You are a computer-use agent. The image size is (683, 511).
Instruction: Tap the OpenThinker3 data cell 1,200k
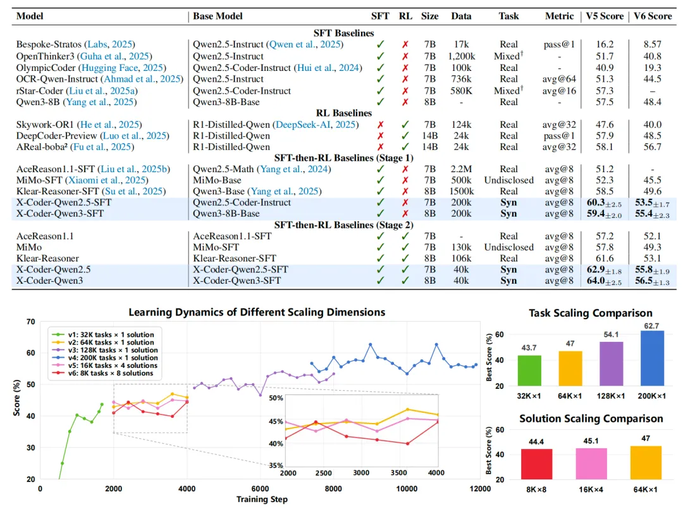point(461,56)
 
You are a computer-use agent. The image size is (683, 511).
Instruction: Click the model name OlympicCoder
point(47,67)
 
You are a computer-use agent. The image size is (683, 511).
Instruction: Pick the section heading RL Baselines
point(343,113)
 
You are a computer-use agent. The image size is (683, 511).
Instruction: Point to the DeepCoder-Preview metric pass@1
point(560,136)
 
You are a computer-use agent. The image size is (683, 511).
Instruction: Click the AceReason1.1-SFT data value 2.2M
point(461,169)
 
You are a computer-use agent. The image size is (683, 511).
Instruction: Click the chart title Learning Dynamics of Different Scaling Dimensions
point(257,312)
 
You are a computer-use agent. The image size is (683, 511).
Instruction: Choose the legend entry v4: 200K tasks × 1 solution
point(109,358)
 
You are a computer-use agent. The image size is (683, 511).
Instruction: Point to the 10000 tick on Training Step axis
point(406,489)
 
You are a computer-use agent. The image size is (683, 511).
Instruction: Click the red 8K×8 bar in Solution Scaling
point(537,464)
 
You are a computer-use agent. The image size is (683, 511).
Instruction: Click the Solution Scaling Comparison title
point(591,419)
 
